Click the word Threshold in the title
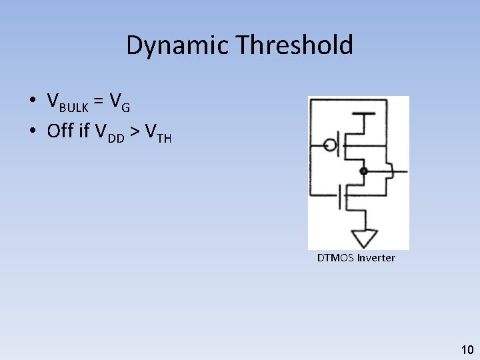point(294,45)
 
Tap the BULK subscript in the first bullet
point(73,107)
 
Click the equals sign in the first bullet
point(98,101)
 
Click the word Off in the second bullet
point(61,131)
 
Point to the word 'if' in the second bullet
point(84,131)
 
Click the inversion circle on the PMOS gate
point(329,145)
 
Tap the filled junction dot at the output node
point(363,171)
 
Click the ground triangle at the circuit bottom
point(365,237)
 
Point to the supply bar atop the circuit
point(363,114)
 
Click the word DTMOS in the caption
point(335,258)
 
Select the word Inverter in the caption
point(376,258)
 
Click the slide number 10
point(467,349)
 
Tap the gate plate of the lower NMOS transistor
point(339,197)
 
